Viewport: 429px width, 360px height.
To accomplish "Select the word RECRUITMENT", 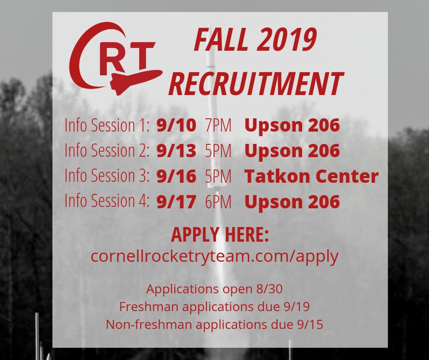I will point(255,84).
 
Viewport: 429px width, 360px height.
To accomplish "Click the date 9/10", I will point(176,126).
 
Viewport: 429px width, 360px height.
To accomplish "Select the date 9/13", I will point(176,150).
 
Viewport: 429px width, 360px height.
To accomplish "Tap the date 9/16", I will point(176,175).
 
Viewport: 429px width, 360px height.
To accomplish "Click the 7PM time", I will point(219,126).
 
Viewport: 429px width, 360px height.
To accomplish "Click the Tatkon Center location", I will point(312,175).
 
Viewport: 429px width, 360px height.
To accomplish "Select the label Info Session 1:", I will point(107,126).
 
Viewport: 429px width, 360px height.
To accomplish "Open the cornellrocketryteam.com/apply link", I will point(214,256).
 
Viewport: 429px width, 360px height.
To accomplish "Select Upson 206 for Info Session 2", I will point(293,150).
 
